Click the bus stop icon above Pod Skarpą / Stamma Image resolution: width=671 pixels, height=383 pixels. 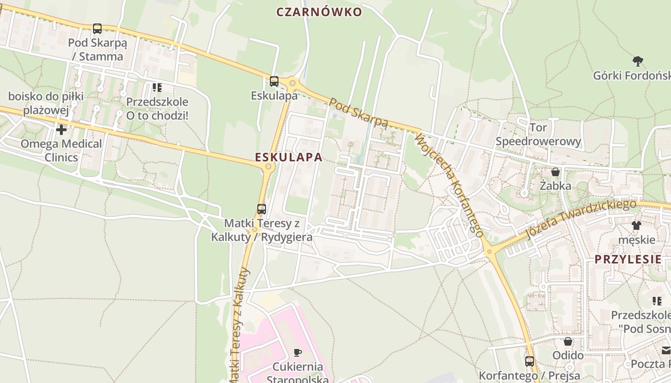[x=97, y=29]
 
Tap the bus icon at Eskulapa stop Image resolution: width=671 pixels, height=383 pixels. [x=274, y=81]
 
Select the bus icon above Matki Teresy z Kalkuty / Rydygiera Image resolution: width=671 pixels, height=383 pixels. [x=262, y=209]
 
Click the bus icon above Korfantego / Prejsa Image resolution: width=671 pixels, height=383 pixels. [x=530, y=361]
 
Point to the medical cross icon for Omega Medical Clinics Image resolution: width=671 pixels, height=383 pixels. [x=61, y=130]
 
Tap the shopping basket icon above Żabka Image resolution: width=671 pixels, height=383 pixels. [x=555, y=171]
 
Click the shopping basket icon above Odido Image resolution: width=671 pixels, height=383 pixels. [x=568, y=341]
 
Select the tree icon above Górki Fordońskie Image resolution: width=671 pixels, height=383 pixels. [x=637, y=61]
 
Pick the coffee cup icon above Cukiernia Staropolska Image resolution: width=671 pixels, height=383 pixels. [x=298, y=353]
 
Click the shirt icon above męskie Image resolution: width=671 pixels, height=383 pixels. [x=636, y=225]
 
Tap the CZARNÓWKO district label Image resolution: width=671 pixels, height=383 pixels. [x=319, y=12]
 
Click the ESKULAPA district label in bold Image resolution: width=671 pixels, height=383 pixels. [x=289, y=157]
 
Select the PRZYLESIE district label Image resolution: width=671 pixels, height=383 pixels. [x=628, y=259]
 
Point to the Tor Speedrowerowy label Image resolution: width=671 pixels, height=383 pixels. [x=538, y=135]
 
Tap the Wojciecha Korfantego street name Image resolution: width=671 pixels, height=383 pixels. [x=449, y=185]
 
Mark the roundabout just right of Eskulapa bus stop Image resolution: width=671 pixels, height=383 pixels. [x=292, y=83]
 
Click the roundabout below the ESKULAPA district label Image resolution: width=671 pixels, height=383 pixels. [x=269, y=167]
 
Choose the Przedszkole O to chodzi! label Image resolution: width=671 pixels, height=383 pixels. [x=157, y=109]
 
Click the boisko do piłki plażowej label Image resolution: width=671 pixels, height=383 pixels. [x=46, y=103]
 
